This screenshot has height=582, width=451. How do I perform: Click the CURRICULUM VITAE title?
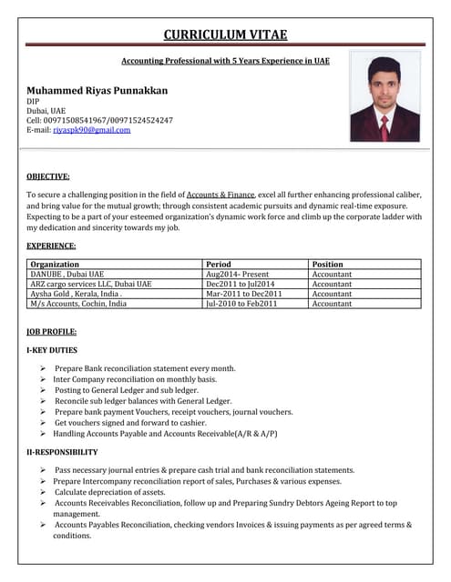click(225, 35)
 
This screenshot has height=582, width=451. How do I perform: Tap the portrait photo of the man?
click(384, 96)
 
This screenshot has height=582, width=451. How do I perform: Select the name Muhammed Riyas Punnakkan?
click(97, 91)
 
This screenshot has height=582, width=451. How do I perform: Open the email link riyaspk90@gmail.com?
click(91, 130)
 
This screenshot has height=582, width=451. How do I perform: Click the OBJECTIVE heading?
click(48, 176)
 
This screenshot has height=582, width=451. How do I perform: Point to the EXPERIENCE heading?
click(51, 246)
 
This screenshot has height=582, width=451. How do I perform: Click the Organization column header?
click(55, 265)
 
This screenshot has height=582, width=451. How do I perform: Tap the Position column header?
click(328, 265)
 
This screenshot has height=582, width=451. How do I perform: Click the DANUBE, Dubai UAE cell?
click(67, 274)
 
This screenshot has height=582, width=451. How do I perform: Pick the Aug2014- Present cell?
click(238, 274)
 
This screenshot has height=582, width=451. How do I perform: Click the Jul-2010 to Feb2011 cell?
click(242, 304)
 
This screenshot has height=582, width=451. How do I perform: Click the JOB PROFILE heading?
click(52, 332)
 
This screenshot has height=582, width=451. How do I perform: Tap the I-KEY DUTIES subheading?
click(53, 350)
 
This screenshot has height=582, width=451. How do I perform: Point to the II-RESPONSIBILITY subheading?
click(62, 452)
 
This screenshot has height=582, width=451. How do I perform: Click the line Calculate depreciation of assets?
click(109, 491)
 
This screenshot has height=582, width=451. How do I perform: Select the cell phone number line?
click(99, 120)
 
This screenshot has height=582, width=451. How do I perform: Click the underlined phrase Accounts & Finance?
click(220, 195)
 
